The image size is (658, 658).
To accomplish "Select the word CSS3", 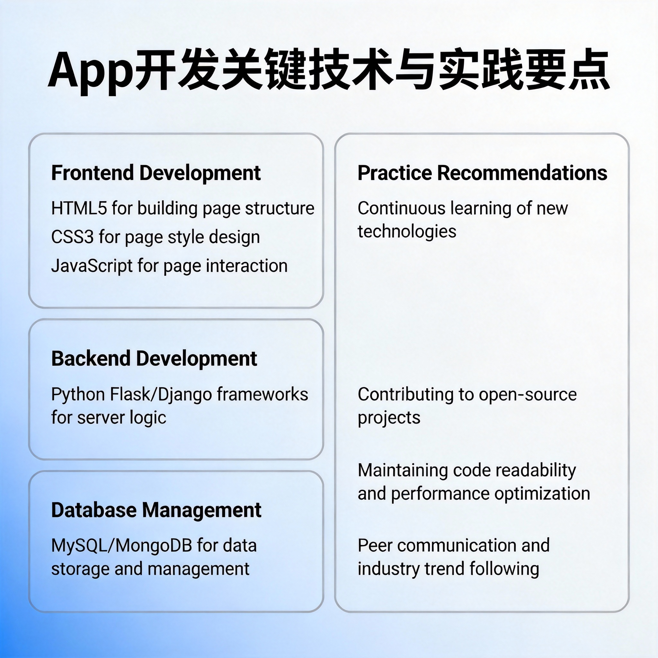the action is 72,237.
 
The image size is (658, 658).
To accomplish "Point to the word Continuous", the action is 401,208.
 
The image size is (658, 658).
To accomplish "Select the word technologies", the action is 407,232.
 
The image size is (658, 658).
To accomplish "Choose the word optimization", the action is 542,494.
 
